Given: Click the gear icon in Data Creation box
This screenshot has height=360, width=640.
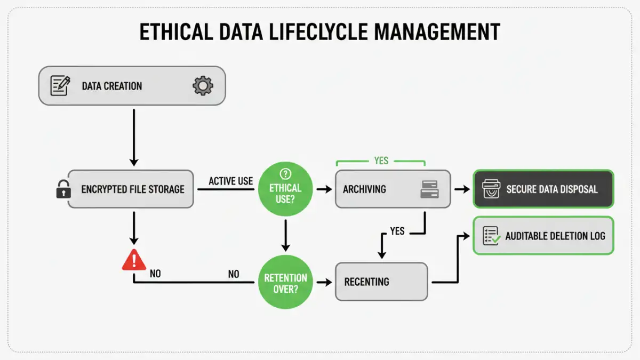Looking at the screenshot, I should coord(203,85).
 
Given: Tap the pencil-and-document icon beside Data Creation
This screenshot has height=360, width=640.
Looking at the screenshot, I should coord(60,85).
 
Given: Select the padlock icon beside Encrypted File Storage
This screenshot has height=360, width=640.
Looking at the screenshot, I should coord(63,189).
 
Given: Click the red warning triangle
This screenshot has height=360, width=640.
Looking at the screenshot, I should coord(133,260).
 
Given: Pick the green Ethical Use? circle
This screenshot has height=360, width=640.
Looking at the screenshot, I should coord(286,189).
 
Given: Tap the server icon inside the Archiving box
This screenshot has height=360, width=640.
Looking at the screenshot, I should coord(429,189).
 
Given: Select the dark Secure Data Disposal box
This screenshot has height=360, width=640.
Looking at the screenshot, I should coord(543,189).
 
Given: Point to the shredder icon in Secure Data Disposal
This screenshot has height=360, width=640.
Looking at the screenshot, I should coord(491,189).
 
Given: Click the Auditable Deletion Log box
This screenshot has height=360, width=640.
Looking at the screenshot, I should coord(543,235).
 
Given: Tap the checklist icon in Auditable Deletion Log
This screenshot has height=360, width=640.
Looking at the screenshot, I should coord(491,235).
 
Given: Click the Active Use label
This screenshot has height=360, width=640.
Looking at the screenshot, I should coord(230,181).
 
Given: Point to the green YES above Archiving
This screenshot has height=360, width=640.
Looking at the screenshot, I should coord(381,161).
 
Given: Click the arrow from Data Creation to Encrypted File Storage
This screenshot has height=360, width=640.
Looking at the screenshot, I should coord(134,136).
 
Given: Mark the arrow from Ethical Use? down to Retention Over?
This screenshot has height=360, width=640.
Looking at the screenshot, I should coord(286,235).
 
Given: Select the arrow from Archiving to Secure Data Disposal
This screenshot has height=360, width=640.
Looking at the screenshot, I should coord(461,189).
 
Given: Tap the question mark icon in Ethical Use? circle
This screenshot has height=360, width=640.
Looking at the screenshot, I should coord(286,173).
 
